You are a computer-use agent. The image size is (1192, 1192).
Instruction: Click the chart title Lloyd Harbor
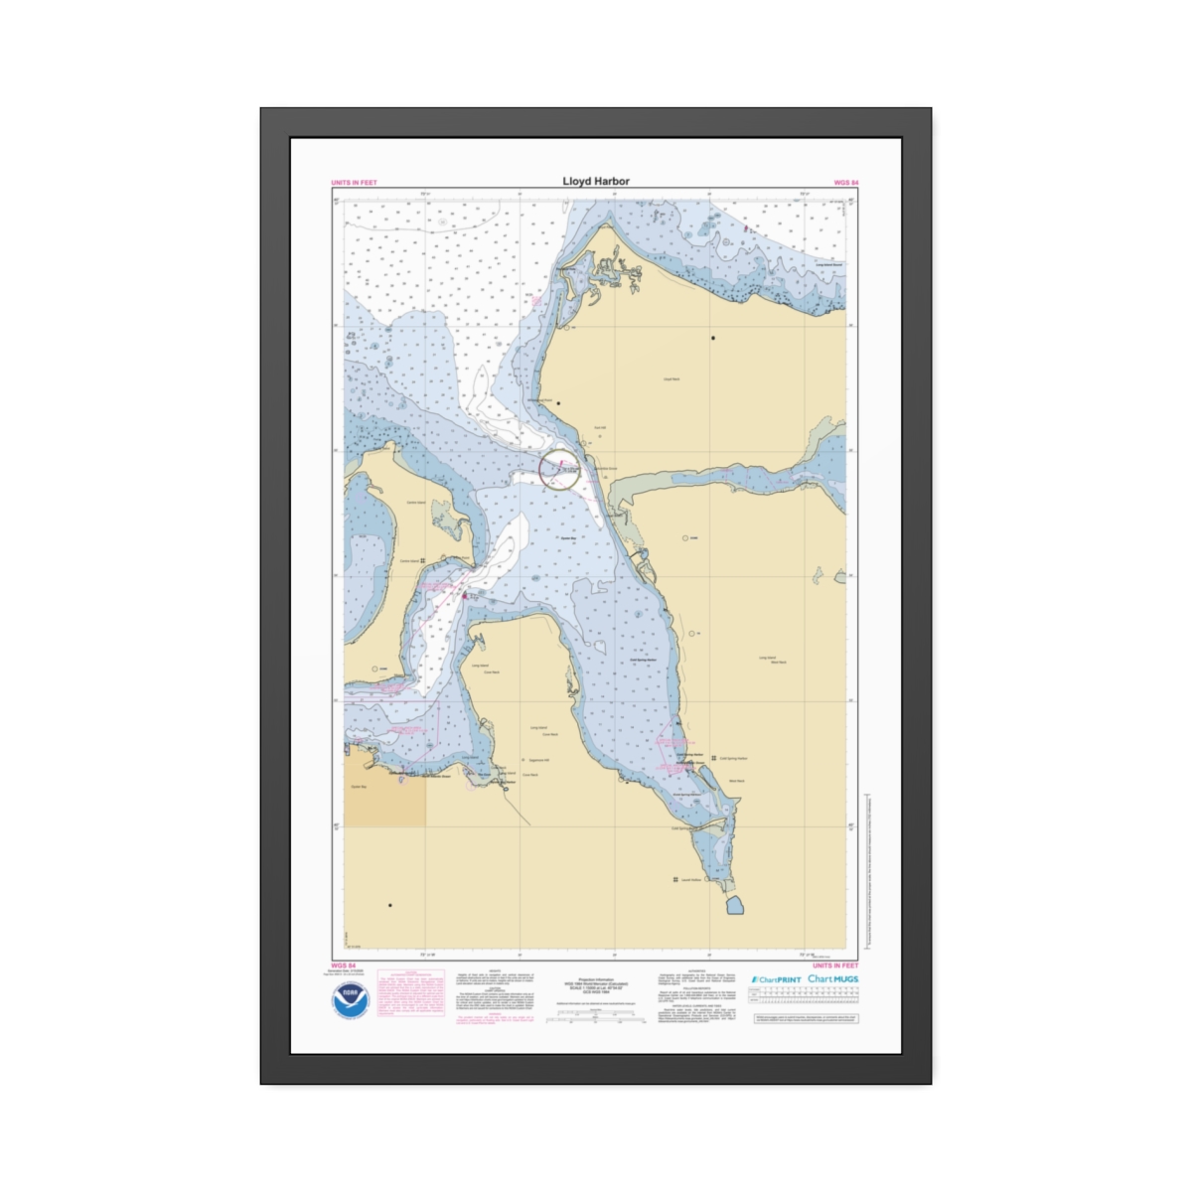pos(596,182)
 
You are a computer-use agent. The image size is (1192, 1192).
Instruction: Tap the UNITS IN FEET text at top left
pos(354,183)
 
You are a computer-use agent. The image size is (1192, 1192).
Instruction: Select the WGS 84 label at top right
pos(845,183)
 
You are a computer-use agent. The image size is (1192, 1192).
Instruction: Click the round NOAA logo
pos(351,1000)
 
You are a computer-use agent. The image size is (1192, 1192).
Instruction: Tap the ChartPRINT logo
pos(776,979)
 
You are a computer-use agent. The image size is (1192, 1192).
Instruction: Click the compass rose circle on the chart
pos(560,470)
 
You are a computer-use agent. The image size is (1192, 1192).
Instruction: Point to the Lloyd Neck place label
pos(671,378)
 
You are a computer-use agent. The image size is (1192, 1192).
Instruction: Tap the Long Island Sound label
pos(828,265)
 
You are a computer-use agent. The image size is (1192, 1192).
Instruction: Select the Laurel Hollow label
pos(689,879)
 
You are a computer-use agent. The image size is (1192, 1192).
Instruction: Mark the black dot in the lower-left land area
pos(390,905)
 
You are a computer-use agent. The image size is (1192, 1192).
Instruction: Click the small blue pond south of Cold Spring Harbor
pos(737,904)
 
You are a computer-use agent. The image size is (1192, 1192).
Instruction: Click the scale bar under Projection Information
pos(596,1016)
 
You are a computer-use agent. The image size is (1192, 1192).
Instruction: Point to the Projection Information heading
pos(596,978)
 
